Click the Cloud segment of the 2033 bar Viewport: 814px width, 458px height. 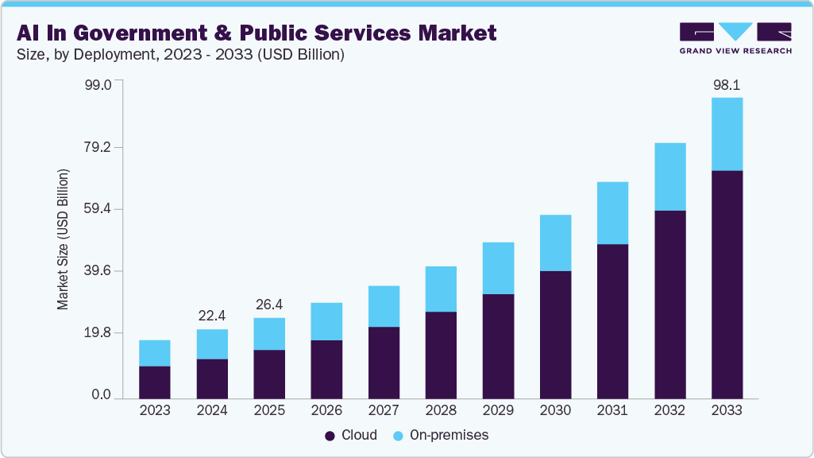(727, 284)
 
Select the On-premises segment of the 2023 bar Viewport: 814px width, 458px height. (155, 353)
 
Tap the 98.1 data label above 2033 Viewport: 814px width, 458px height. (727, 84)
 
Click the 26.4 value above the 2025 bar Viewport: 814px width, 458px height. (269, 305)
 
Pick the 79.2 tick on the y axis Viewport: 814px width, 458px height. (100, 147)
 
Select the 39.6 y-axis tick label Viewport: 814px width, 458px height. (100, 271)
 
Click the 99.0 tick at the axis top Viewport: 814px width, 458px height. (100, 84)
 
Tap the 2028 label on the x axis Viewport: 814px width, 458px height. (441, 411)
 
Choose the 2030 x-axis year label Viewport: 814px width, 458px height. (555, 411)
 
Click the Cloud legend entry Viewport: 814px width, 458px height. (350, 436)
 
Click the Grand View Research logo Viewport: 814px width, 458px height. (735, 38)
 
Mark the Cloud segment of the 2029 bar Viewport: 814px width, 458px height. (498, 346)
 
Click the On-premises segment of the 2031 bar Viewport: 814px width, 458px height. (612, 213)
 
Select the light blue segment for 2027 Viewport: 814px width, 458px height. (384, 306)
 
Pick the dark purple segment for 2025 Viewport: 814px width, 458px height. (269, 374)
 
